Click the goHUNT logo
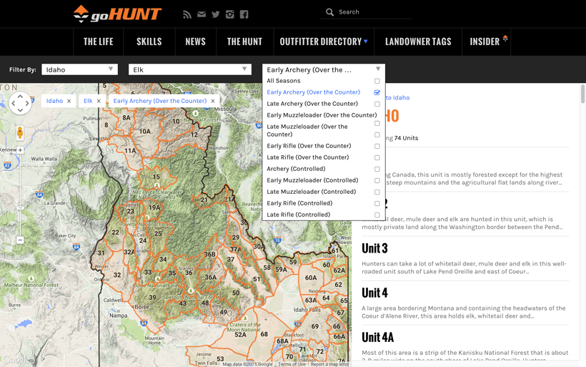point(117,14)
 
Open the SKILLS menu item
point(149,41)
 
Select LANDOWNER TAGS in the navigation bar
point(418,41)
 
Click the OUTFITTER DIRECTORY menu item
point(324,41)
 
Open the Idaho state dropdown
point(79,69)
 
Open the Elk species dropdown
point(189,69)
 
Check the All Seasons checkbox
point(377,81)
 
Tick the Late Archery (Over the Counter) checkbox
point(377,104)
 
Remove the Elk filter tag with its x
point(99,101)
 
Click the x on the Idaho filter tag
point(69,101)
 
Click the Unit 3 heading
point(374,248)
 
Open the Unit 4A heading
point(377,337)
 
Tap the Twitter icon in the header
point(215,14)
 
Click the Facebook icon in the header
point(244,14)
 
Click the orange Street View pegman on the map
point(20,132)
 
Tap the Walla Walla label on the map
point(44,159)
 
